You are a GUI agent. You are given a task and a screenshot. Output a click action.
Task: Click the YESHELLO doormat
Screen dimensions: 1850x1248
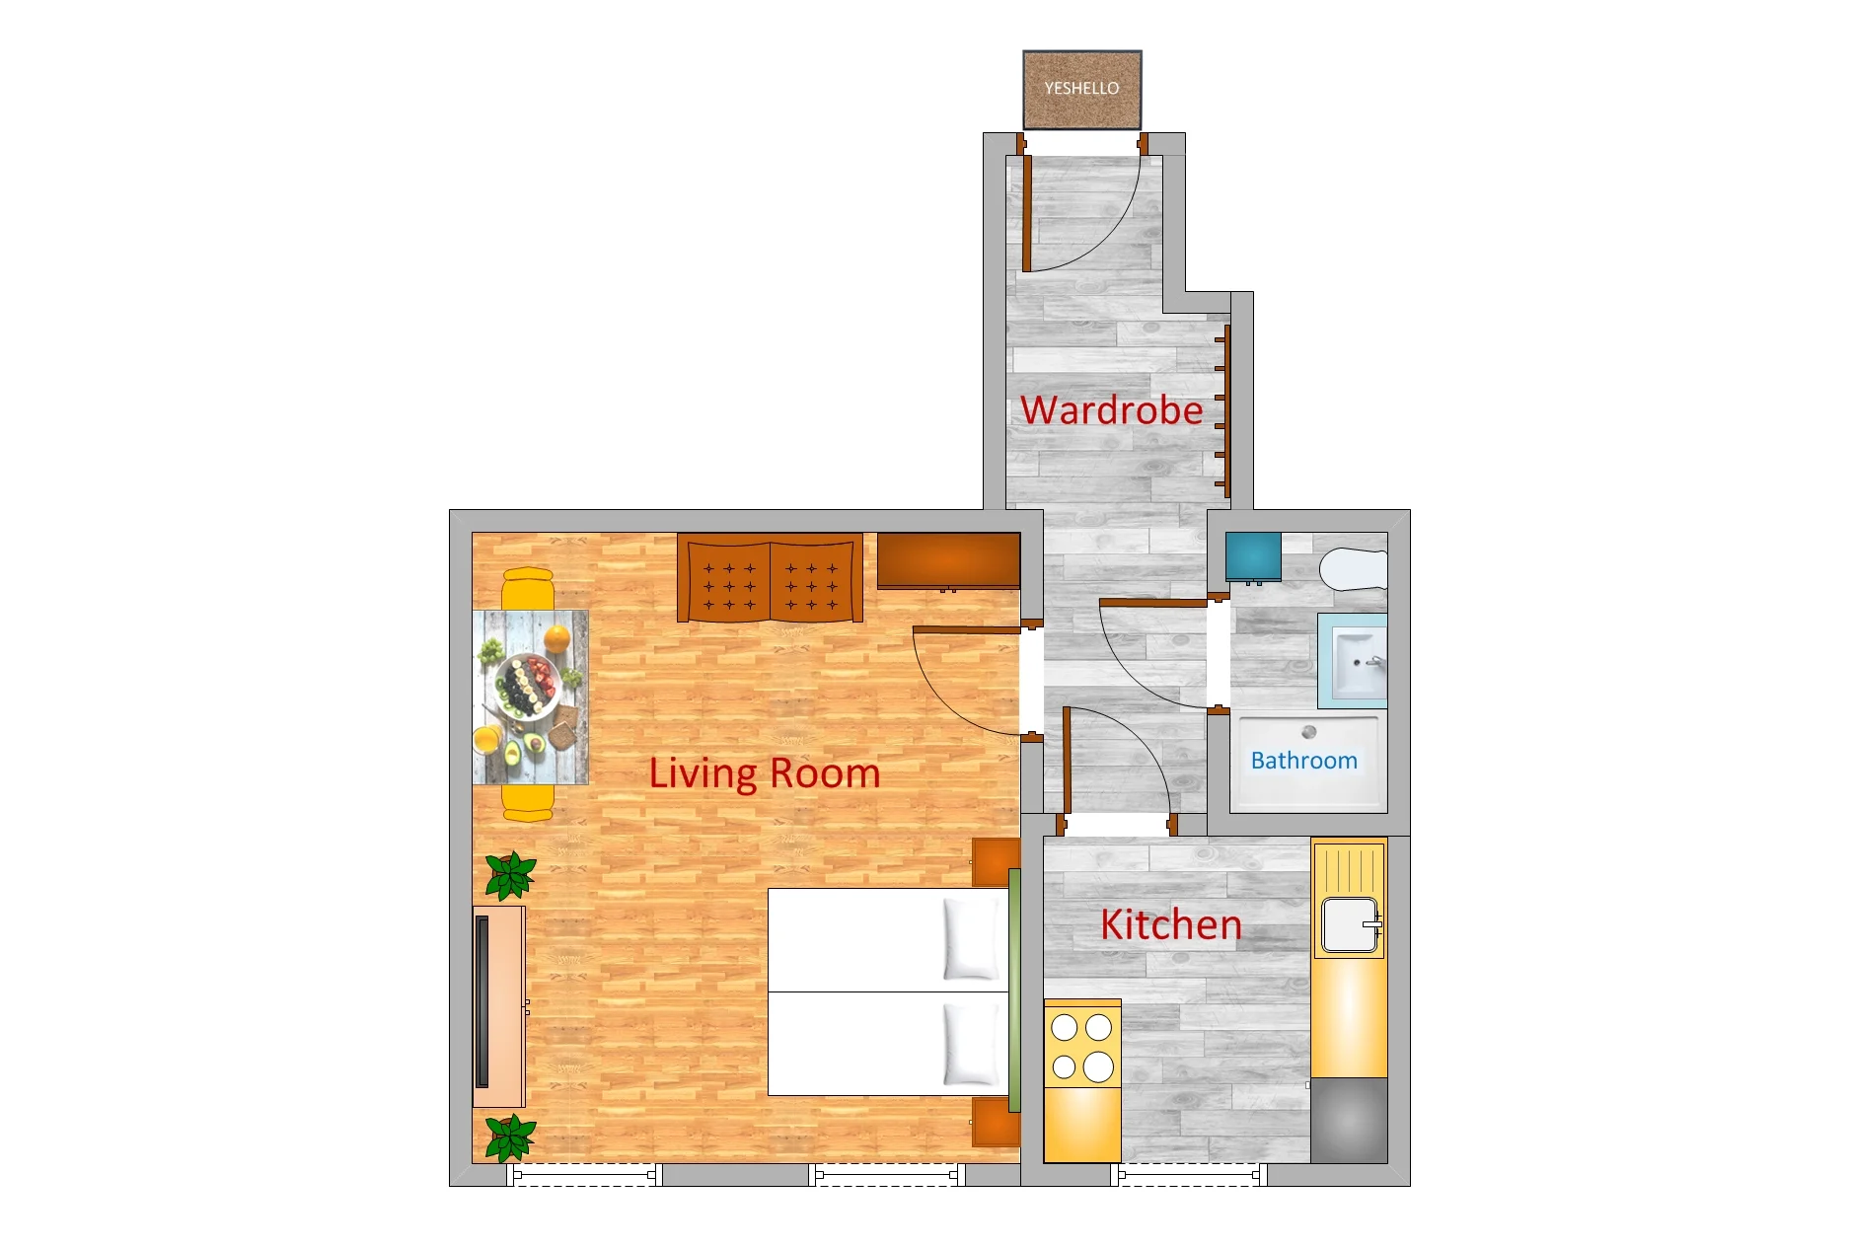coord(1082,90)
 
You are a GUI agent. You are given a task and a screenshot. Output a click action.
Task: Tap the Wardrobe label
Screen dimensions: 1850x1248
coord(1112,410)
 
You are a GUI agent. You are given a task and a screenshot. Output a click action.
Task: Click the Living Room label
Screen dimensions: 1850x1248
coord(765,773)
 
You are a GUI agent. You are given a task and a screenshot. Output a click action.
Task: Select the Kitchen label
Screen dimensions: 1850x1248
coord(1171,925)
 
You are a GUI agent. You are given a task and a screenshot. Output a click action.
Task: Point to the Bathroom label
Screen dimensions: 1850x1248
coord(1304,761)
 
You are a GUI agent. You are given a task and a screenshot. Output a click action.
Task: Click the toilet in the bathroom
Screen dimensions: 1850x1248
coord(1354,568)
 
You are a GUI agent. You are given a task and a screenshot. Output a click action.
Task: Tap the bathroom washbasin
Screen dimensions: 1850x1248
coord(1353,660)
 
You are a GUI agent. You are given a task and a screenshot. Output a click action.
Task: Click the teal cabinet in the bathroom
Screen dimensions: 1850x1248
coord(1253,557)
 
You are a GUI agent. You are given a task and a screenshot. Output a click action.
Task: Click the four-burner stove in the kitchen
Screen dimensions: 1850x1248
coord(1082,1048)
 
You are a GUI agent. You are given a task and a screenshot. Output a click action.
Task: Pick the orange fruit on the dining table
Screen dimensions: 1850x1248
coord(557,638)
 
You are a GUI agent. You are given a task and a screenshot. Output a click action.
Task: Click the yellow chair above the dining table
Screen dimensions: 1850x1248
coord(528,589)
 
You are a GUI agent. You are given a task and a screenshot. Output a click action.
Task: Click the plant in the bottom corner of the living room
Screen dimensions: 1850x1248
coord(511,1138)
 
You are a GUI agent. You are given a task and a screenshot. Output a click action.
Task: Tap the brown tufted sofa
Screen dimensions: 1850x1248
coord(771,578)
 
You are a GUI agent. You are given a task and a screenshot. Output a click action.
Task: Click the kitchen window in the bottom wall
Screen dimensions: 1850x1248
coord(1189,1175)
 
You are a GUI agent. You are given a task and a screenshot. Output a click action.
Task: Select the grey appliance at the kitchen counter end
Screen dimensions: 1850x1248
coord(1349,1121)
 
